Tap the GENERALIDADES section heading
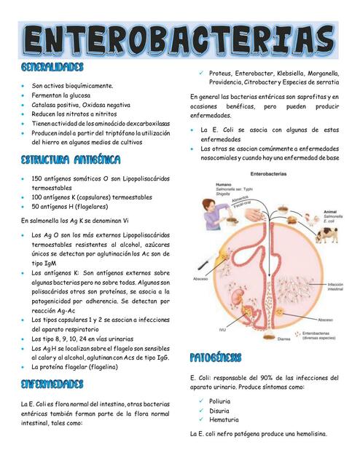(x=52, y=68)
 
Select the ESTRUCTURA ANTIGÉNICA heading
(x=71, y=159)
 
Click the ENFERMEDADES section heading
(x=52, y=384)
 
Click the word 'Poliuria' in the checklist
(x=219, y=400)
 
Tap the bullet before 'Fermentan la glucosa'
(x=23, y=95)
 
